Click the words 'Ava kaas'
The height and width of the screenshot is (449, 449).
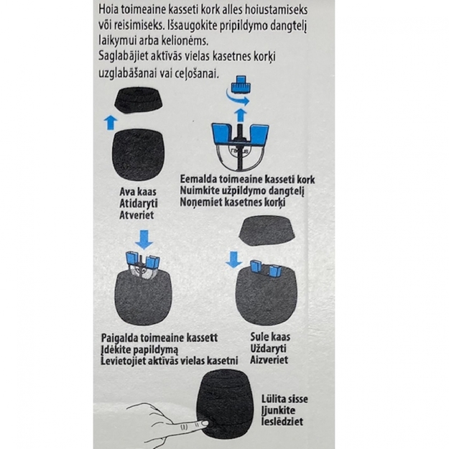click(x=138, y=192)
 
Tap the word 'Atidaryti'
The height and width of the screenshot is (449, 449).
click(x=139, y=203)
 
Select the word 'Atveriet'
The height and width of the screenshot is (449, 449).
click(x=136, y=215)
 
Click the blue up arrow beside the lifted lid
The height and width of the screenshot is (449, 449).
click(x=111, y=123)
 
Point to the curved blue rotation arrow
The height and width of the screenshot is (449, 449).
click(x=237, y=97)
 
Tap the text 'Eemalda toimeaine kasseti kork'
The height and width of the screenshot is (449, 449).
click(x=247, y=180)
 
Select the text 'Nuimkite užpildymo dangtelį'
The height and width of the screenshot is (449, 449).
click(x=242, y=190)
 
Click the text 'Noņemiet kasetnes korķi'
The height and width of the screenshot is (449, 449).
click(x=233, y=202)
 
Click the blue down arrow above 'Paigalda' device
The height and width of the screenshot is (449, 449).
click(x=144, y=240)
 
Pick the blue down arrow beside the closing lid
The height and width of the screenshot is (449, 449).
click(x=234, y=260)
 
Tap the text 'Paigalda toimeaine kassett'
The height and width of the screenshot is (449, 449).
click(x=159, y=338)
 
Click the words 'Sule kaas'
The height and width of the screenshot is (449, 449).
click(x=270, y=337)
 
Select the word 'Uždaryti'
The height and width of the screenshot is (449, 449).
click(x=268, y=348)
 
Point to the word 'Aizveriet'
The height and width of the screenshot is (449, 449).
click(x=269, y=360)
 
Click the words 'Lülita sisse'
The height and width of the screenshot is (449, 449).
click(x=284, y=399)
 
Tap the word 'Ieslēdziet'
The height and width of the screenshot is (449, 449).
click(x=282, y=422)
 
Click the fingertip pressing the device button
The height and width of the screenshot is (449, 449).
click(x=204, y=423)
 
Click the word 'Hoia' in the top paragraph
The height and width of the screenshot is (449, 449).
click(x=108, y=9)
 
